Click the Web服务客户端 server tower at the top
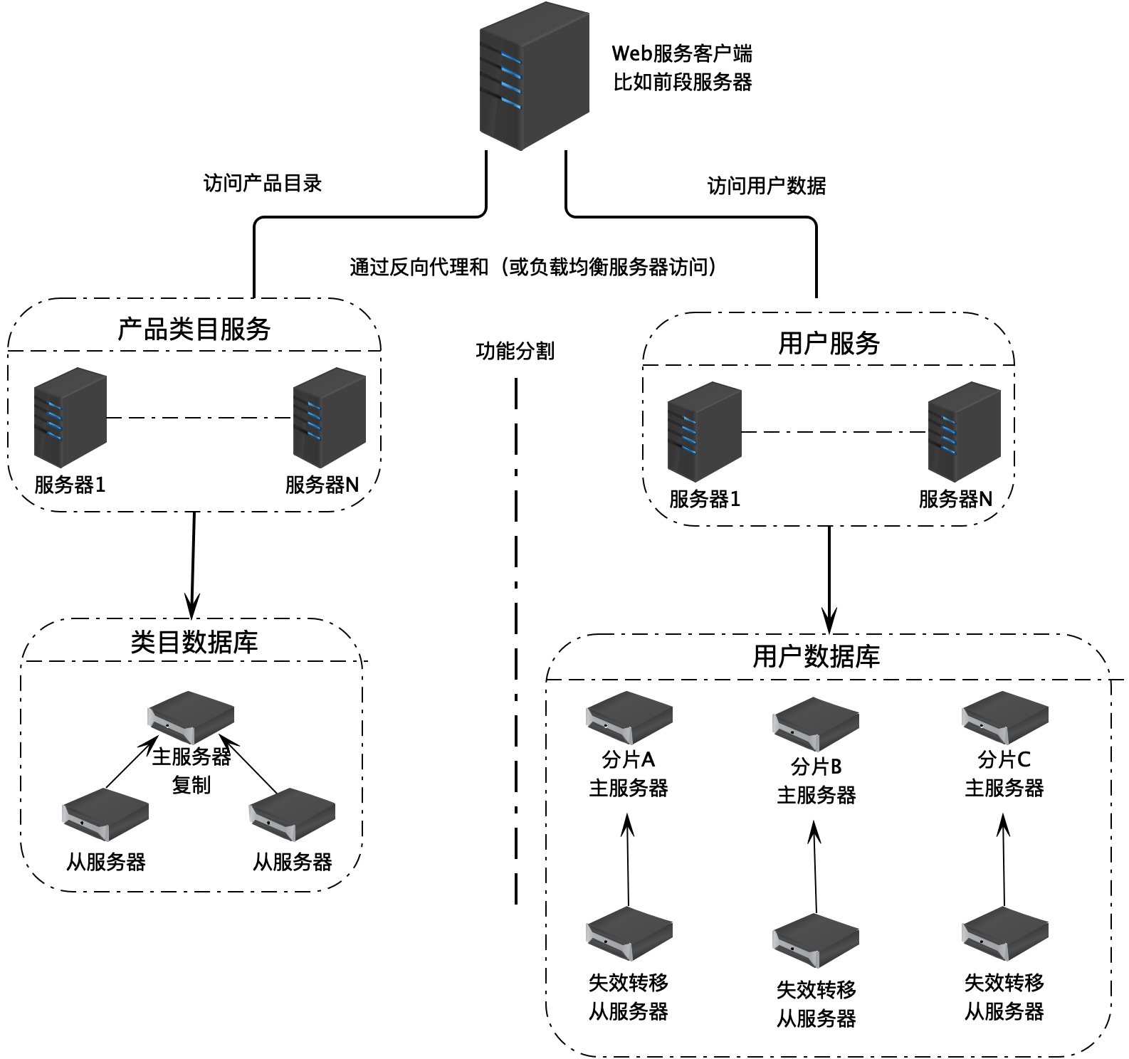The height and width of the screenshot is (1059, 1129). pos(534,77)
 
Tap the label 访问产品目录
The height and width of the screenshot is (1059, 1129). pos(263,184)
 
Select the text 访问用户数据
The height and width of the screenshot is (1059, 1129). pos(766,186)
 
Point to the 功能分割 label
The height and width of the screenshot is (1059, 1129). pos(515,351)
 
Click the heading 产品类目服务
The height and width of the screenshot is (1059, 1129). pos(194,329)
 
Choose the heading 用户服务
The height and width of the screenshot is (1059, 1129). pos(829,343)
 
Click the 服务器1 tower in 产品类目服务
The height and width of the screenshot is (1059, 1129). pos(70,418)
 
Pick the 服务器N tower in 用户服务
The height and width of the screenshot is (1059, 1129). pos(964,433)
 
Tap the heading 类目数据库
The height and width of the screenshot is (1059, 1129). pos(194,642)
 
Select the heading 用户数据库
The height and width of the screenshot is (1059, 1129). pos(816,656)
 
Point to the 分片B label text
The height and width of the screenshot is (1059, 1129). pos(816,767)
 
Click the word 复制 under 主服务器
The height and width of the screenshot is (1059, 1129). pos(191,785)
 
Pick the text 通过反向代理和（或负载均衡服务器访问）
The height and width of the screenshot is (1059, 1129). pos(533,267)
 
